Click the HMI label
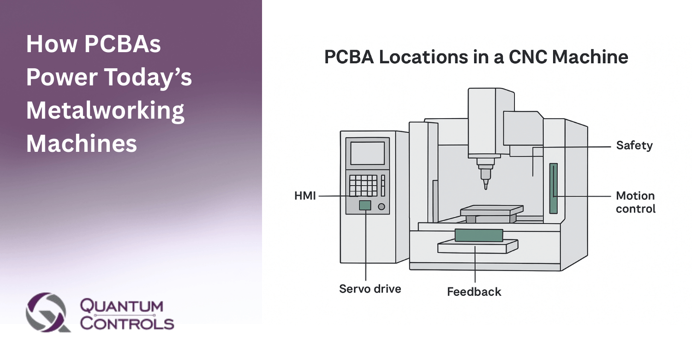pos(305,196)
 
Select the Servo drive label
pos(370,289)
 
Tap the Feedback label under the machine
pos(474,292)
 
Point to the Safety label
pos(634,146)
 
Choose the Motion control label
pos(635,202)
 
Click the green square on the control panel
pos(365,205)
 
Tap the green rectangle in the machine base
pos(478,235)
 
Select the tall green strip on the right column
pos(553,188)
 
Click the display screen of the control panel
pos(367,153)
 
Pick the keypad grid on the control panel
pos(363,186)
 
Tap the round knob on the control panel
pos(381,207)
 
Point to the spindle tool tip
pos(485,184)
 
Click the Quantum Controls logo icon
pos(48,312)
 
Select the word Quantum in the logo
pos(122,306)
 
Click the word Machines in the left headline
pos(82,144)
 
